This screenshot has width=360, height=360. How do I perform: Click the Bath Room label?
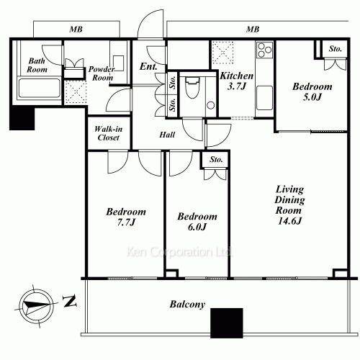click(37, 65)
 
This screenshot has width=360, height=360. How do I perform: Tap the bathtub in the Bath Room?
click(40, 88)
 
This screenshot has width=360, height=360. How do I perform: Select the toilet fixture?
click(192, 88)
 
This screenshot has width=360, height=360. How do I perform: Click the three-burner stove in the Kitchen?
click(265, 50)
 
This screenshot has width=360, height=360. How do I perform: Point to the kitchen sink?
click(265, 98)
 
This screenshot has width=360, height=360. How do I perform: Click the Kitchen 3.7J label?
click(237, 81)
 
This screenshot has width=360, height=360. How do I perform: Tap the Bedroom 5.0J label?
click(312, 91)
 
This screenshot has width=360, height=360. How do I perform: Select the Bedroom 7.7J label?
click(126, 217)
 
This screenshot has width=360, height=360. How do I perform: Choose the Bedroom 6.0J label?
click(197, 222)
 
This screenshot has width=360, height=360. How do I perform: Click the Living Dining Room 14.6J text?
click(289, 205)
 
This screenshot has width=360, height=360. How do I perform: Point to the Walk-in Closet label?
click(109, 133)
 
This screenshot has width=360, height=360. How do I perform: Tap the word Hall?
click(167, 135)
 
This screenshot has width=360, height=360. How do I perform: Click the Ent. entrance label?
click(148, 66)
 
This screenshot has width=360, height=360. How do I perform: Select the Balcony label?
click(187, 305)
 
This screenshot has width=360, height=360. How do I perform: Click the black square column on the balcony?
click(227, 323)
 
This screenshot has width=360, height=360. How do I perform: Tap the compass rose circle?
click(36, 306)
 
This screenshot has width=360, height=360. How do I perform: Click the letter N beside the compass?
click(70, 301)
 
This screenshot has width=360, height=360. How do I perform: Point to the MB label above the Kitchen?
click(253, 30)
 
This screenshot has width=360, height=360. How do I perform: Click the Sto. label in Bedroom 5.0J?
click(335, 49)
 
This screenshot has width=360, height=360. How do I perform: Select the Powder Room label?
click(102, 73)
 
